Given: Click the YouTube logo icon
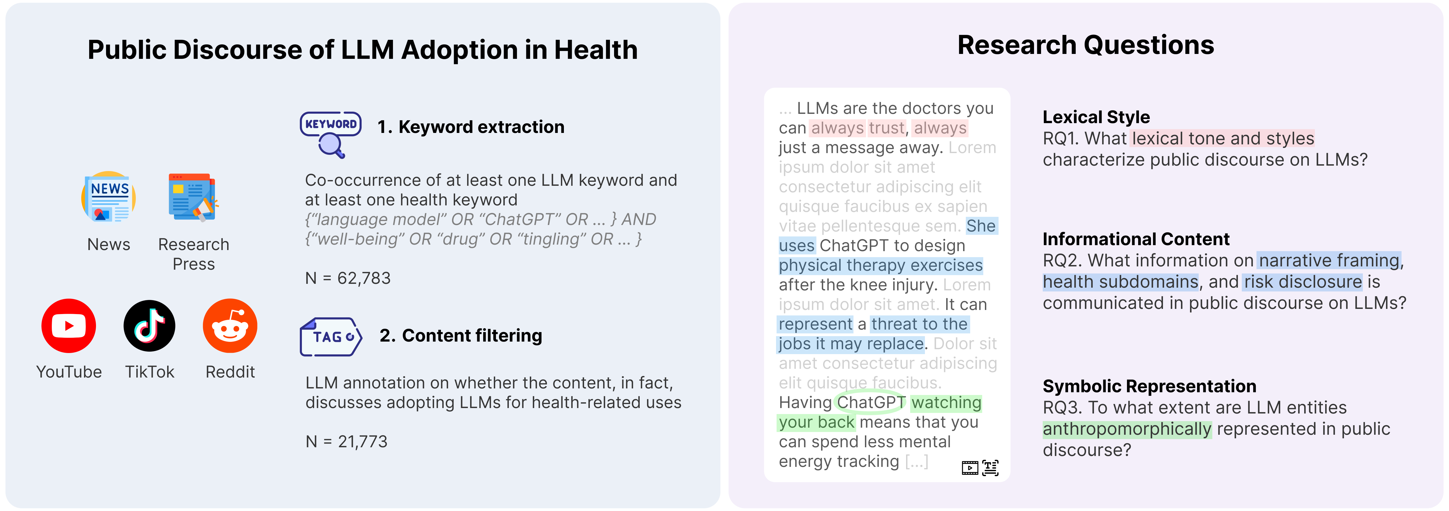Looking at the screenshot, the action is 69,326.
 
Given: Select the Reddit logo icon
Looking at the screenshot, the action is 230,326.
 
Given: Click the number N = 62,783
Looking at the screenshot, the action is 348,278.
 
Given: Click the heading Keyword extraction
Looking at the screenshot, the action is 471,127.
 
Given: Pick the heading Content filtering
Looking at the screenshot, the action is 461,336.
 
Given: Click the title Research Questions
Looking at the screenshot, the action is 1086,45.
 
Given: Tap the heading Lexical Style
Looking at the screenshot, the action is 1096,117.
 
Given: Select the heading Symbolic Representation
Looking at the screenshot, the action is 1149,386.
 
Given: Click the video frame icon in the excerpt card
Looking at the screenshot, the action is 970,468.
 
